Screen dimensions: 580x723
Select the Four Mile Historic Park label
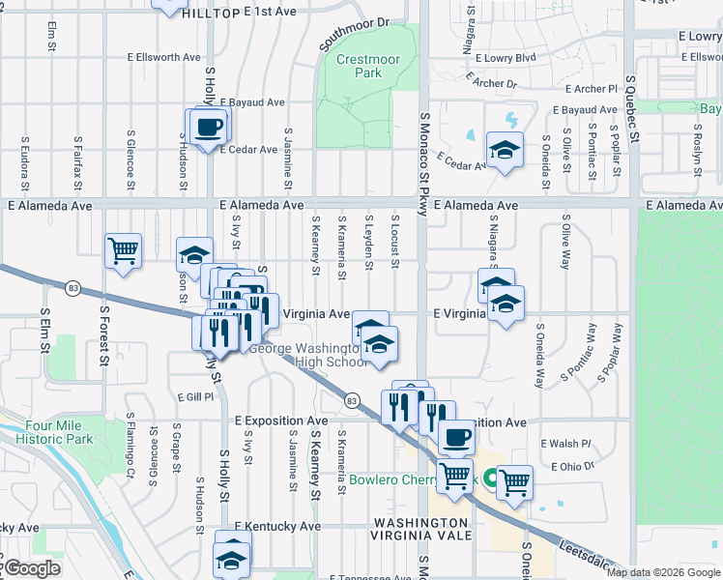pyautogui.click(x=53, y=432)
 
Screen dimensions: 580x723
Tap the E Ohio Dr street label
pyautogui.click(x=572, y=466)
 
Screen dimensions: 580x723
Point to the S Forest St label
pyautogui.click(x=103, y=338)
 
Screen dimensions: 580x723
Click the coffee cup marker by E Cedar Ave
pyautogui.click(x=209, y=126)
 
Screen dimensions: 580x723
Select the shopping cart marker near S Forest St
pyautogui.click(x=124, y=250)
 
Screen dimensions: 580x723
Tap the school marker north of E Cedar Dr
pyautogui.click(x=504, y=149)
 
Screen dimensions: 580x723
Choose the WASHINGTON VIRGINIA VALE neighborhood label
pyautogui.click(x=423, y=529)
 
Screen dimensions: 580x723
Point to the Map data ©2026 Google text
pyautogui.click(x=663, y=572)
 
